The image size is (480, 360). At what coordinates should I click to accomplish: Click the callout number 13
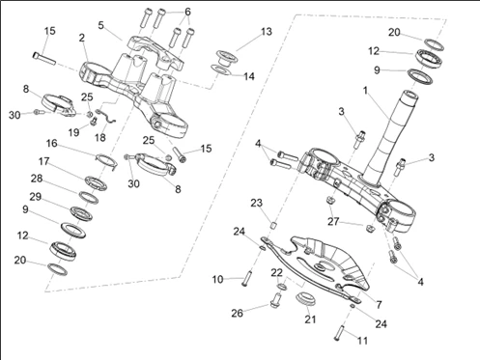267,32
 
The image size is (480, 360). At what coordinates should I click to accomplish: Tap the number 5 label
101,25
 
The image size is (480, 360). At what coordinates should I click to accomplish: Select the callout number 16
51,143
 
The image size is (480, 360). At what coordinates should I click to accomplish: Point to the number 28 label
37,179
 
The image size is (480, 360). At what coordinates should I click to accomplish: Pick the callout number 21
310,319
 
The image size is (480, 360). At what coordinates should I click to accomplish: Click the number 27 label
333,221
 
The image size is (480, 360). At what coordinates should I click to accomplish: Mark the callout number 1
365,91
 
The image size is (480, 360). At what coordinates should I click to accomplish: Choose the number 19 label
73,132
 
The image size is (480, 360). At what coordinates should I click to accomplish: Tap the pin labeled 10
248,278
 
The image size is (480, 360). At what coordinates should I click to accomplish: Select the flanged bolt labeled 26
275,300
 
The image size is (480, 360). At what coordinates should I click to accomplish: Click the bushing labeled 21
305,298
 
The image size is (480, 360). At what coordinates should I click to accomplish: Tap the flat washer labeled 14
221,69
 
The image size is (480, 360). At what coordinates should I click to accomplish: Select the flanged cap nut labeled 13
227,57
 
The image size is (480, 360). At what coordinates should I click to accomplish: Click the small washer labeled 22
282,287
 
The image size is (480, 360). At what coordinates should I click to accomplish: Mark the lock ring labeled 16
106,160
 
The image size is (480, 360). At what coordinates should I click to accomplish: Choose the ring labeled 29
81,213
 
